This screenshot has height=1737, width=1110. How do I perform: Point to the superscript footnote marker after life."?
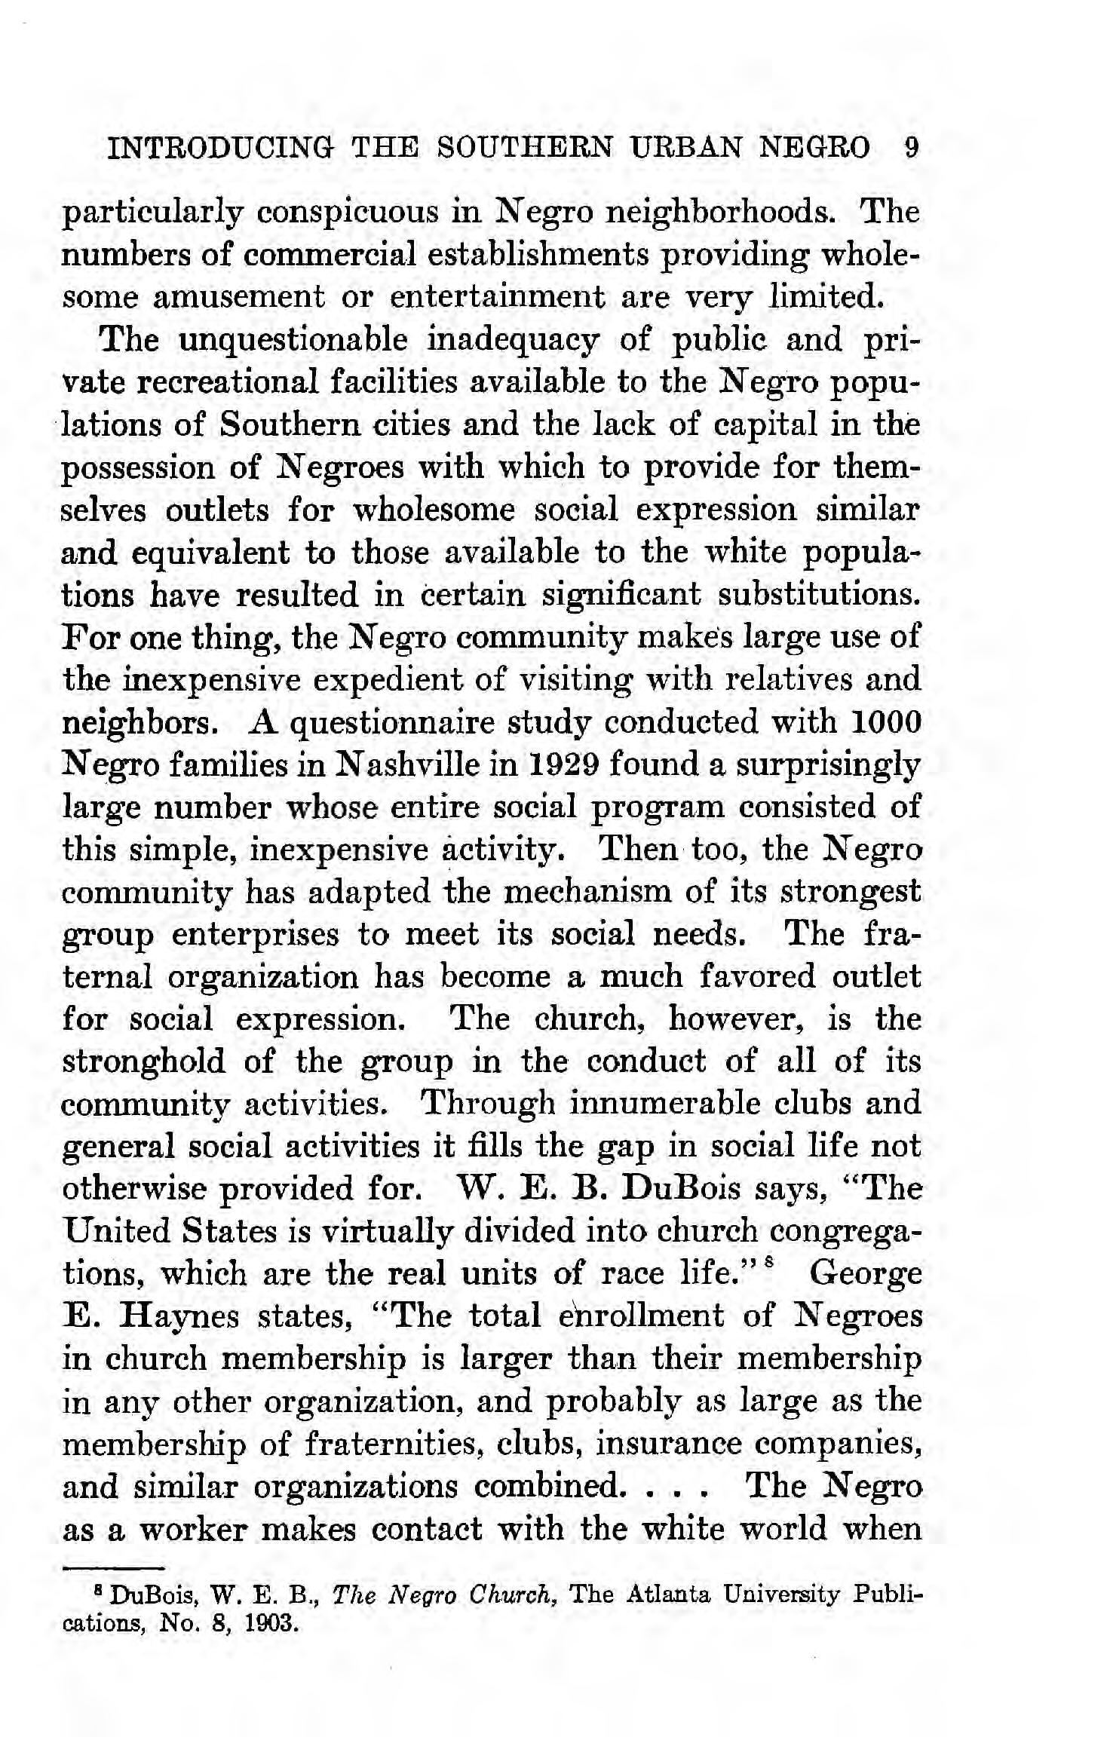pyautogui.click(x=768, y=1264)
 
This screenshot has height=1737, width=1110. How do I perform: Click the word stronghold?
pyautogui.click(x=143, y=1061)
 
